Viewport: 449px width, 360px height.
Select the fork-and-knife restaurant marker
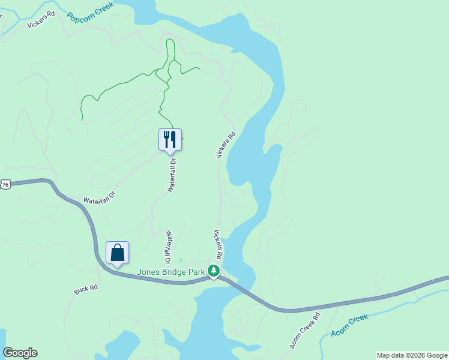[x=170, y=140]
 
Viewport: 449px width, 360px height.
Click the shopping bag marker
[x=117, y=253]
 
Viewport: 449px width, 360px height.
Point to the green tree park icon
[x=213, y=271]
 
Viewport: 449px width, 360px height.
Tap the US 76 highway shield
[x=5, y=185]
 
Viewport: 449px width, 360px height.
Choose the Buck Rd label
[x=86, y=289]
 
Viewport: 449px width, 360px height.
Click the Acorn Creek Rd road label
[x=305, y=329]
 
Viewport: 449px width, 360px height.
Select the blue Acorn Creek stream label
[x=349, y=325]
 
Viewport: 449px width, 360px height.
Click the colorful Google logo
[x=20, y=353]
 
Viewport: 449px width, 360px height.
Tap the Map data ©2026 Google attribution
[x=412, y=355]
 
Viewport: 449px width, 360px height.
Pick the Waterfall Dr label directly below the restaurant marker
[x=173, y=174]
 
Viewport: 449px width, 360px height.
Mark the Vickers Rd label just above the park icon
[x=218, y=244]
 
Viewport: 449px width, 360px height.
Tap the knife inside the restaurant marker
[x=173, y=139]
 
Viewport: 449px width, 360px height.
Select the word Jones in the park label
[x=148, y=272]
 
